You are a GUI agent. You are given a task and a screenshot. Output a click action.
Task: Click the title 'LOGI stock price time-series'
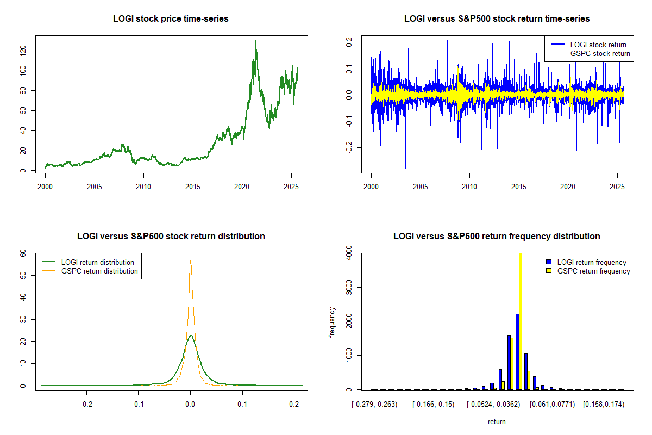pyautogui.click(x=171, y=18)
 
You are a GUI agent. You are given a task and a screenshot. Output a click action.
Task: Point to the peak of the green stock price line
pyautogui.click(x=256, y=41)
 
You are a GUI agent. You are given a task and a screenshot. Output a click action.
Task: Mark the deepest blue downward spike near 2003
pyautogui.click(x=405, y=167)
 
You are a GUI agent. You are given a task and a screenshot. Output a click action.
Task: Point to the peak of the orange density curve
pyautogui.click(x=190, y=261)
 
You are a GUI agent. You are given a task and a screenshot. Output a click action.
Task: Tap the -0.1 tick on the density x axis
pyautogui.click(x=138, y=405)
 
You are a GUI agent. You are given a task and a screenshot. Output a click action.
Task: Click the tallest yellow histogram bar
pyautogui.click(x=520, y=321)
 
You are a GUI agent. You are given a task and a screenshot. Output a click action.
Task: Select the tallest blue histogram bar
pyautogui.click(x=517, y=351)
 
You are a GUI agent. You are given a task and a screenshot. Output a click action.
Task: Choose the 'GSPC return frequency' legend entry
pyautogui.click(x=595, y=271)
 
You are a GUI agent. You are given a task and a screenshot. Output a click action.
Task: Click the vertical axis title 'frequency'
pyautogui.click(x=332, y=322)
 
